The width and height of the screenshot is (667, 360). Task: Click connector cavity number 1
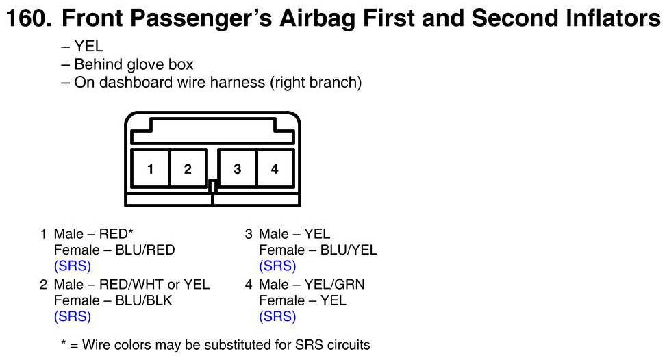(150, 168)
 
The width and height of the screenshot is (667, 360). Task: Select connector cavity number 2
(188, 168)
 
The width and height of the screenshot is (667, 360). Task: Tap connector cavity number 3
(237, 168)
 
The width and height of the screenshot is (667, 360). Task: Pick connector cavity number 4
(275, 168)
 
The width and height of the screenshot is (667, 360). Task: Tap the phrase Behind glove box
(134, 65)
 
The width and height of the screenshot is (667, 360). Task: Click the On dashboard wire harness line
(217, 83)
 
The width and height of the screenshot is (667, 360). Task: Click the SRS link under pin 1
(73, 266)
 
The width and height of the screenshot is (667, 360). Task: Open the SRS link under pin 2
(73, 317)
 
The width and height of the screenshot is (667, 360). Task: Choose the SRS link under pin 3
(277, 266)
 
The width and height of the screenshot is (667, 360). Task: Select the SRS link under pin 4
(277, 317)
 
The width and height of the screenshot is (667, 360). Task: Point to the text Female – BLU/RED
(114, 250)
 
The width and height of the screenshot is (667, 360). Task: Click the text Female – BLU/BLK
(113, 300)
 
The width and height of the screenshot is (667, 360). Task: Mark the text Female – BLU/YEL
(318, 250)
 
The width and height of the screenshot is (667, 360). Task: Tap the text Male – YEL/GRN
(312, 284)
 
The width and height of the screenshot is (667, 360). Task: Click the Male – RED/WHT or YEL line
(131, 284)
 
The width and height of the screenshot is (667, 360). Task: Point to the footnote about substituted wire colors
(216, 344)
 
